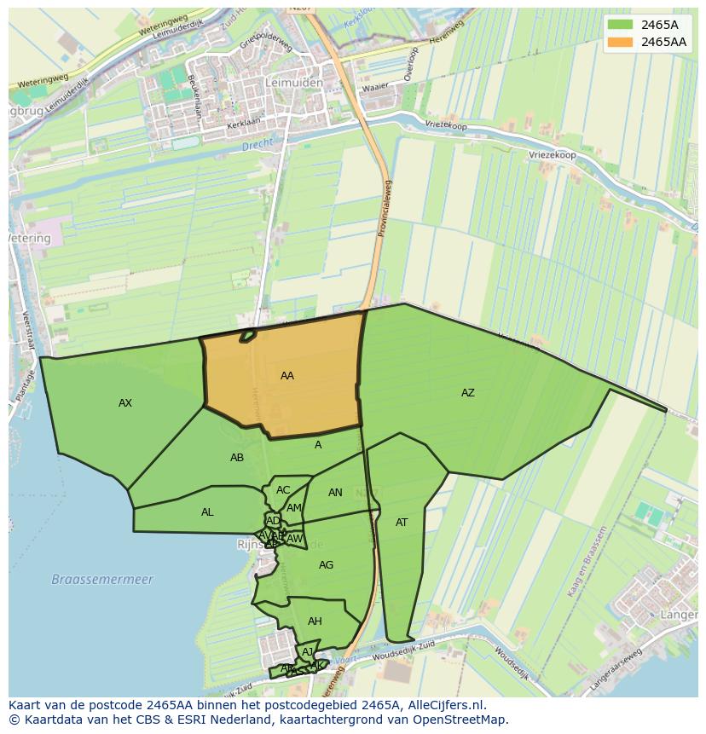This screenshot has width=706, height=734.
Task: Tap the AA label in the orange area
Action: point(287,376)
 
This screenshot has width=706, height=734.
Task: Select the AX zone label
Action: point(125,403)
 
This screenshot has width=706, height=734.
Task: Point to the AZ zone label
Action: point(468,393)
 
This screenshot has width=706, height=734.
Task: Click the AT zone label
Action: point(402,523)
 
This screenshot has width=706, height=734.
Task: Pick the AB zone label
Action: point(237,458)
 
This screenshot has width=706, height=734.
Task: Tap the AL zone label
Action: point(207,512)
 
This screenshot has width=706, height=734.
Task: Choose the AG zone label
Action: point(326,565)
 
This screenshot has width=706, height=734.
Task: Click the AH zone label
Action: point(315,621)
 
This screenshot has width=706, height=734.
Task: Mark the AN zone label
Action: point(335,493)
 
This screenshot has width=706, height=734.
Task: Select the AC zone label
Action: point(283,490)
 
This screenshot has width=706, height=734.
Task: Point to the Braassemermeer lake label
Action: point(102,580)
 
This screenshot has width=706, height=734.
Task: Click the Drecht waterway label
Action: point(256,146)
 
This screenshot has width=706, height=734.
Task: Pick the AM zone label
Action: point(294,508)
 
